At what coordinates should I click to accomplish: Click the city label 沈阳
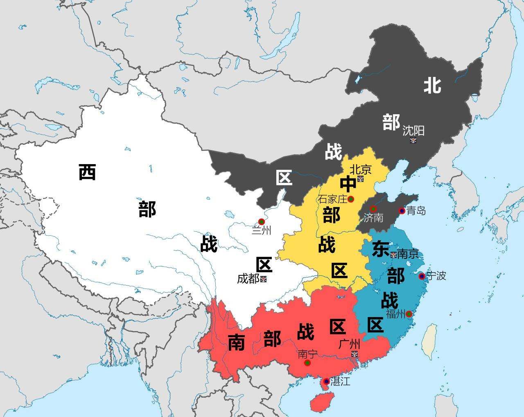click(x=413, y=131)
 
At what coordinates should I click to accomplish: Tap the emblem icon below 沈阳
click(x=413, y=140)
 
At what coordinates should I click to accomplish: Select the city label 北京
click(x=360, y=169)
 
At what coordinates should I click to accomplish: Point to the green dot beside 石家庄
click(x=351, y=199)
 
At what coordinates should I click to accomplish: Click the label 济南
click(x=373, y=218)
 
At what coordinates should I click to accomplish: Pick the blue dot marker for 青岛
click(x=402, y=211)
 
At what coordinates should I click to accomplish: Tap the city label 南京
click(x=408, y=254)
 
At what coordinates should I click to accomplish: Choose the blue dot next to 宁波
click(x=422, y=276)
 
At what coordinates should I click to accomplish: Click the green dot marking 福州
click(x=409, y=314)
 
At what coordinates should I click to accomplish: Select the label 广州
click(x=349, y=344)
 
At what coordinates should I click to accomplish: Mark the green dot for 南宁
click(x=307, y=363)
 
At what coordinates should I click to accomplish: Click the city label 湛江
click(x=340, y=382)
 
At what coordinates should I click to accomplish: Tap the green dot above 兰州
click(x=262, y=221)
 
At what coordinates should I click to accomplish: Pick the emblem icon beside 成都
click(x=263, y=279)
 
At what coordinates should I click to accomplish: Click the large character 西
click(x=87, y=172)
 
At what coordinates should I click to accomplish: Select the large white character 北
click(x=432, y=86)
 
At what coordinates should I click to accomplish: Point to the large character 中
click(x=348, y=184)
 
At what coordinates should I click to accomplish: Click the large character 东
click(x=380, y=249)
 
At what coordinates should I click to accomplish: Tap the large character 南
click(x=236, y=342)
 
